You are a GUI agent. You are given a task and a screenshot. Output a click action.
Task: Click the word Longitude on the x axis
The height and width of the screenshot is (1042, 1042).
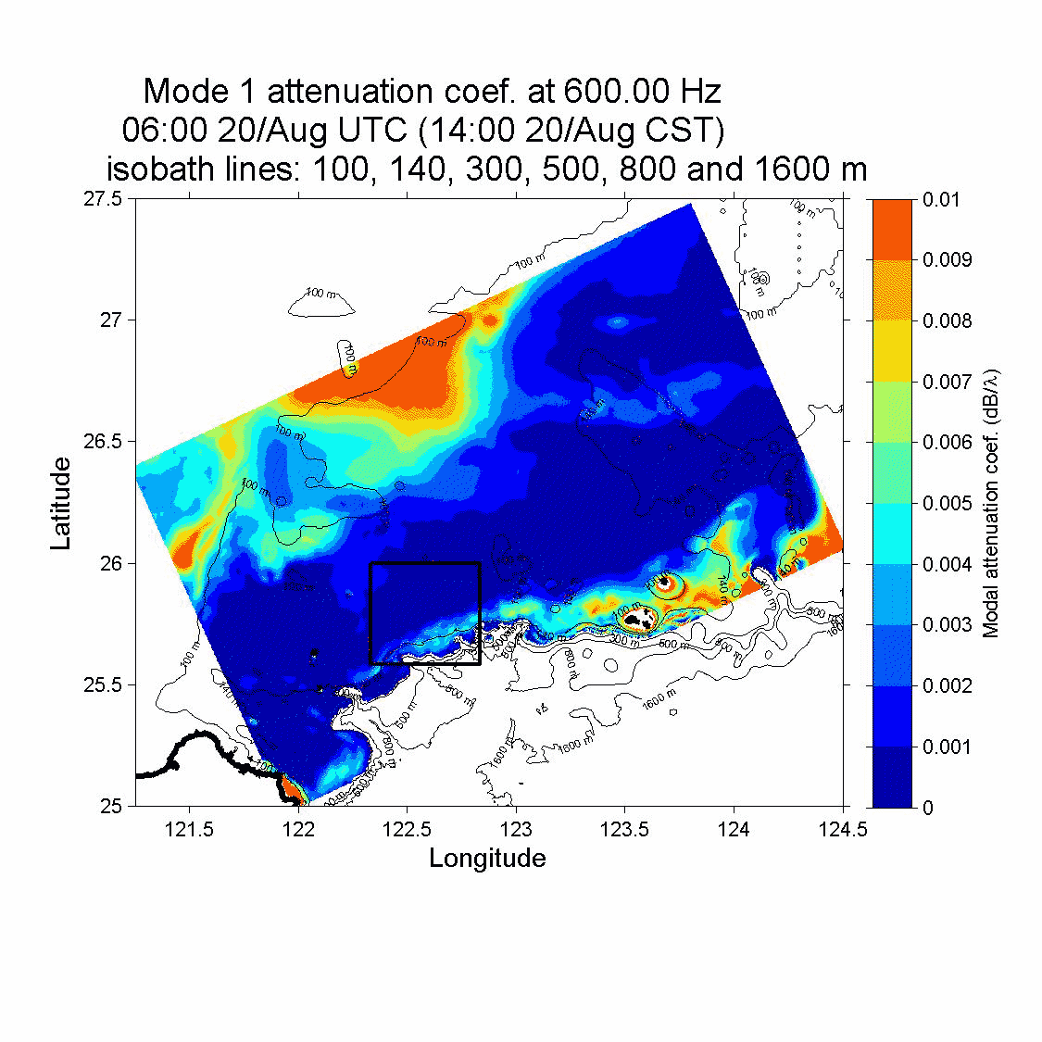click(487, 858)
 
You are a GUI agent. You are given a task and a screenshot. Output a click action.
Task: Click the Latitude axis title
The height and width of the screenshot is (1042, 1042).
click(61, 503)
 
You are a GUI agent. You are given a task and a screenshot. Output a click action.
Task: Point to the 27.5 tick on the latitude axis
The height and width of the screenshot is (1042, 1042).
click(104, 199)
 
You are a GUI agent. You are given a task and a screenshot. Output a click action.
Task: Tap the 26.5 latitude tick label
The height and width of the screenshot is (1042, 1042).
click(104, 442)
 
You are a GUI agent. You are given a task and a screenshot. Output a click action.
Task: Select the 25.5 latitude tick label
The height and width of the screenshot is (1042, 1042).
click(104, 685)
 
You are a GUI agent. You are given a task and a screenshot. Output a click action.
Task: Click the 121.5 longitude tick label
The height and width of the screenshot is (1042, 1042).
click(189, 829)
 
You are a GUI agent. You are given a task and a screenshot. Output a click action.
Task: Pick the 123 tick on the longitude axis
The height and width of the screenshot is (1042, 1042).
click(516, 829)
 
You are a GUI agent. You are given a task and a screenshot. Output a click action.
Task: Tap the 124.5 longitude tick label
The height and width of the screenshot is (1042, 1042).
click(842, 829)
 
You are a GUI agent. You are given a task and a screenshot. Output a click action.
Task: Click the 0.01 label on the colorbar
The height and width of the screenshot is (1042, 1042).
click(941, 200)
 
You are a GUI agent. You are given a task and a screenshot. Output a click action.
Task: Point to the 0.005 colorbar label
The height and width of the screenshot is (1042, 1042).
click(947, 504)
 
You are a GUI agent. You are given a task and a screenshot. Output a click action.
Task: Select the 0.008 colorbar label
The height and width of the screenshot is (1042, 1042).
click(947, 321)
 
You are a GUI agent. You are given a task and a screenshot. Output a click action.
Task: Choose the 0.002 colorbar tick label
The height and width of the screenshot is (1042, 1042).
click(947, 686)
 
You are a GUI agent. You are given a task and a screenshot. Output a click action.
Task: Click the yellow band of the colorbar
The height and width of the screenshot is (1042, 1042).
click(892, 351)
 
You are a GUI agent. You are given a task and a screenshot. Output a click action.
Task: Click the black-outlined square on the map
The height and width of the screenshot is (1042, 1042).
click(424, 564)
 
